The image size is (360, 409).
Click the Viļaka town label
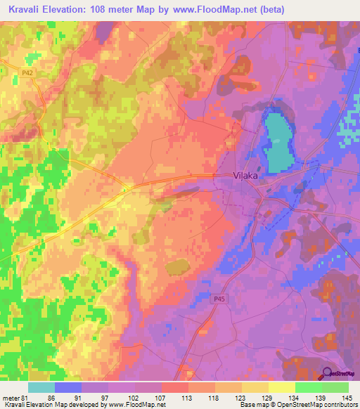245,177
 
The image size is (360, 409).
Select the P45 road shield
219,299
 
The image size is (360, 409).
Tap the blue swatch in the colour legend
67,387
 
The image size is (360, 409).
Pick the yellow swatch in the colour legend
281,387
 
